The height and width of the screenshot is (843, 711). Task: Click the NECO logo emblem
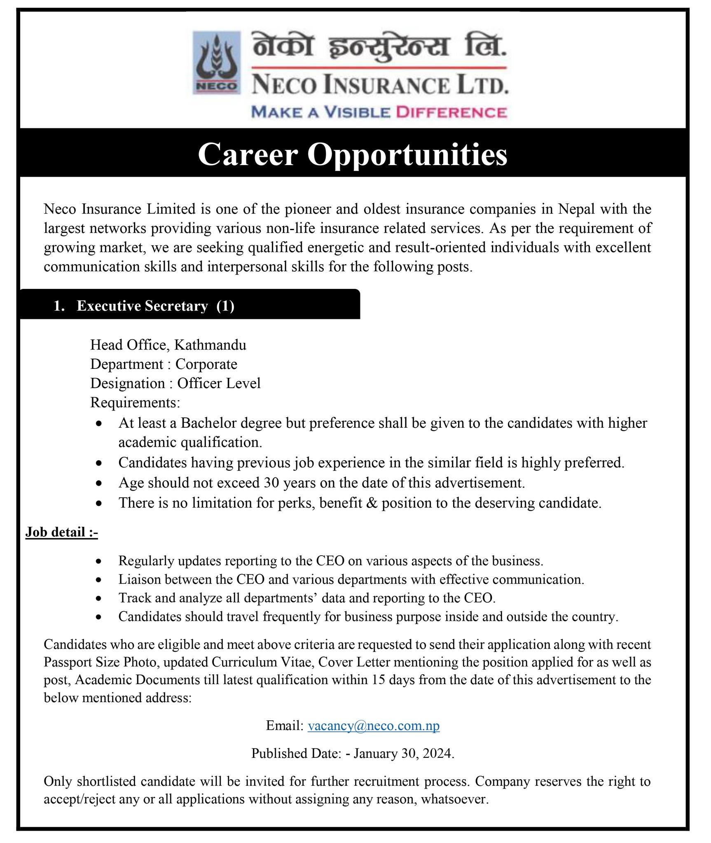(217, 62)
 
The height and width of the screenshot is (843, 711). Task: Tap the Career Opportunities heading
(353, 155)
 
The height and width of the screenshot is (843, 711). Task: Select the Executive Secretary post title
(142, 306)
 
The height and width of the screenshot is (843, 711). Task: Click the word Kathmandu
(210, 345)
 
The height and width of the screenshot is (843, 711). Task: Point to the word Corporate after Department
(206, 364)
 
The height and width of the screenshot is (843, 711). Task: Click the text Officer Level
(219, 383)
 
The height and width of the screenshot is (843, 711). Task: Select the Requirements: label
(135, 402)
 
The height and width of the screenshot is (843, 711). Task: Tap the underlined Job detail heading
(62, 532)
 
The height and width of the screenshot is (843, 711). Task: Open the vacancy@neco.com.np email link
(374, 725)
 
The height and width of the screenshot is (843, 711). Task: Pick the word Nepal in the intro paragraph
(576, 209)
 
